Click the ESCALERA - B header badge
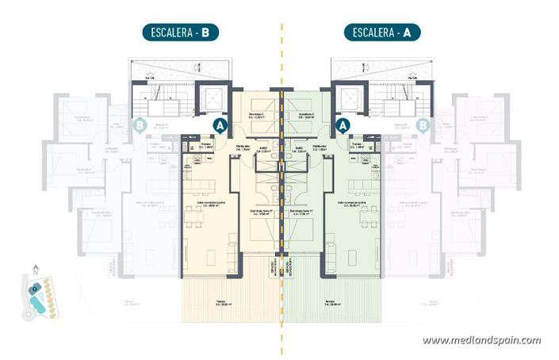[x=179, y=33]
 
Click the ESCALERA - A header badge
[x=382, y=33]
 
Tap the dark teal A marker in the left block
[x=221, y=124]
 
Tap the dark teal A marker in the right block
[x=343, y=124]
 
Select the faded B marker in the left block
[x=140, y=124]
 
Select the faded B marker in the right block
[x=423, y=124]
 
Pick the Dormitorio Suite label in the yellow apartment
[x=261, y=212]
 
